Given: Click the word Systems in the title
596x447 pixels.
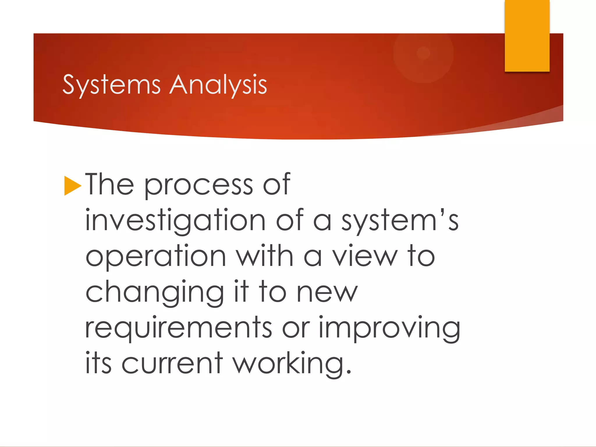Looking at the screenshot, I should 111,85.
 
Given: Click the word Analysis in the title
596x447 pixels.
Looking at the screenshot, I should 218,85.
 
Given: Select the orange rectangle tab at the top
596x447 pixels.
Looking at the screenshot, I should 527,36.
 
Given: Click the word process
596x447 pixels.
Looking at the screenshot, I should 198,185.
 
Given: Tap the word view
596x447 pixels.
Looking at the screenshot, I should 365,256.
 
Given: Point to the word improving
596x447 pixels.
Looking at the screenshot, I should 389,328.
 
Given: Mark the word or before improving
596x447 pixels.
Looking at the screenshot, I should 296,328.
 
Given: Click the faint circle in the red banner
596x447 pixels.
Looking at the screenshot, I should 423,53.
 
